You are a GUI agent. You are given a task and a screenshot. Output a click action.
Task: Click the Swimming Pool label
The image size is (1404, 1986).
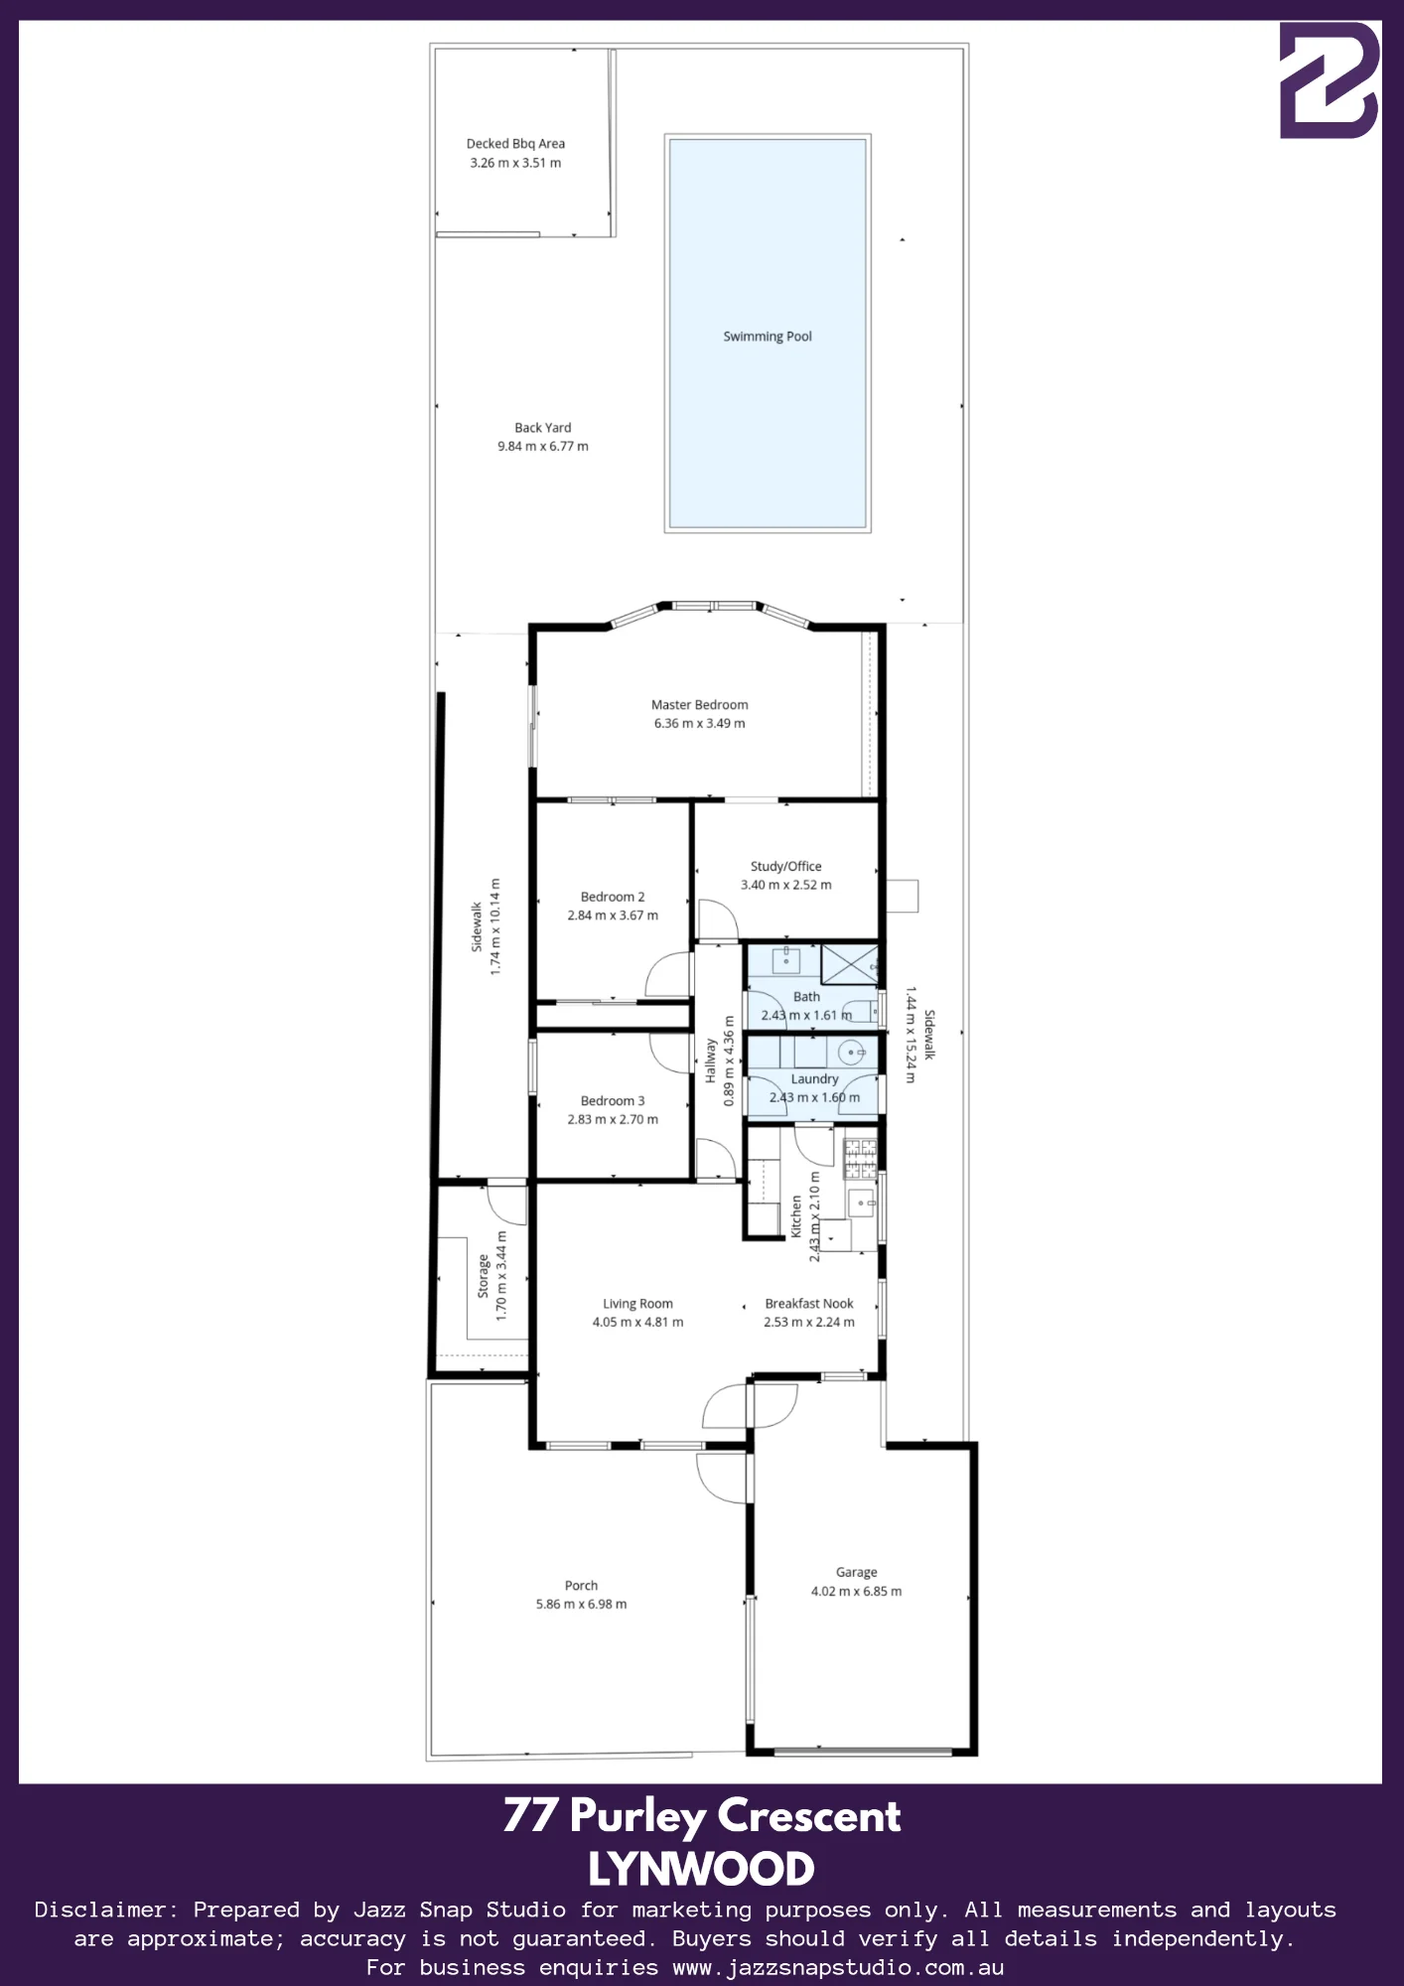point(768,337)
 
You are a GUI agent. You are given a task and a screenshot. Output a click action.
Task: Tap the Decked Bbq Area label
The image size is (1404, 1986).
point(516,144)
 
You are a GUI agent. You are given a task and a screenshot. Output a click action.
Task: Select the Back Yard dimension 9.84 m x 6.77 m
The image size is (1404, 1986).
point(543,447)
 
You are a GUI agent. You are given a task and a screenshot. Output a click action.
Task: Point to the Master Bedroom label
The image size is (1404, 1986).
point(700,705)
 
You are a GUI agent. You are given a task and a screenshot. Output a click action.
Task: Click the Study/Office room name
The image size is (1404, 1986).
point(786,867)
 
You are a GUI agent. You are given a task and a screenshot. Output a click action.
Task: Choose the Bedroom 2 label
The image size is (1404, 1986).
point(613,897)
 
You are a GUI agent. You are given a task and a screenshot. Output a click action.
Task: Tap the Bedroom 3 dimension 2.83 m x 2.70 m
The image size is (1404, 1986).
point(613,1120)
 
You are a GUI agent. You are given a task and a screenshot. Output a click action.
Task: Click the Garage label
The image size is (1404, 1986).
point(857,1573)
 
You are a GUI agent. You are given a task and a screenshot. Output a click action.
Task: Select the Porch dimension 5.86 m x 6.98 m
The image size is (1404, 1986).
point(582,1605)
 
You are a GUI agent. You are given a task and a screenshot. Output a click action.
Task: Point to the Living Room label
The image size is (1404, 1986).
point(637,1304)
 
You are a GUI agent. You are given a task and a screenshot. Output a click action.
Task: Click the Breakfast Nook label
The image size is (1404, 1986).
point(809,1304)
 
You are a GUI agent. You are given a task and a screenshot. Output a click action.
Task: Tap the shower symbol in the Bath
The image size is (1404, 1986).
point(850,965)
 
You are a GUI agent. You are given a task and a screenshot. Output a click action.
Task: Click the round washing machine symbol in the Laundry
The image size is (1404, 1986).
point(852,1052)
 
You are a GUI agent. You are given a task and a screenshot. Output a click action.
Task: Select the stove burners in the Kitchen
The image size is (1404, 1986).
point(860,1159)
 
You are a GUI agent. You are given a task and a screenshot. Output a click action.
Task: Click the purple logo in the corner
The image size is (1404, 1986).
point(1330,80)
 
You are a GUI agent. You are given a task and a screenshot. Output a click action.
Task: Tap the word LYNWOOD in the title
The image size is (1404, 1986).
point(701,1870)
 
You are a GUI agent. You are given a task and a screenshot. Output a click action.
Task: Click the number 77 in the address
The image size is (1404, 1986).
point(530,1815)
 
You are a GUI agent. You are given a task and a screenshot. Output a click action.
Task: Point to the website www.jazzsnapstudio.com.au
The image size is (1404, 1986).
point(838,1967)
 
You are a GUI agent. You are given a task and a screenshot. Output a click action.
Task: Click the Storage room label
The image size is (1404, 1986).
point(484,1276)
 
